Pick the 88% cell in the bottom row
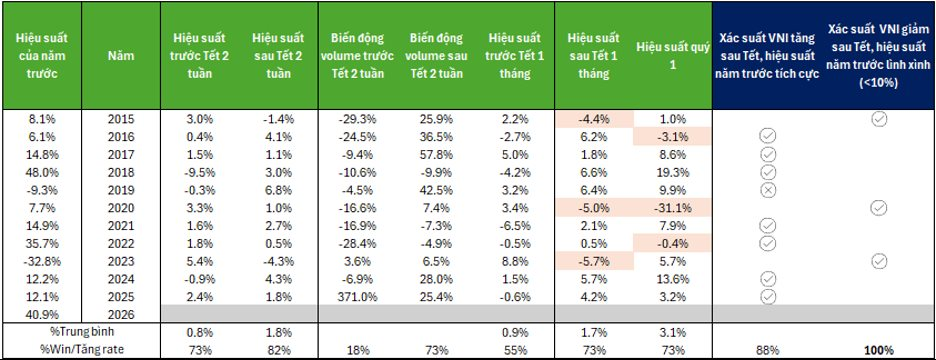click(x=768, y=350)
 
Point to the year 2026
click(x=119, y=315)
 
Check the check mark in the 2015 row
click(x=878, y=118)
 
